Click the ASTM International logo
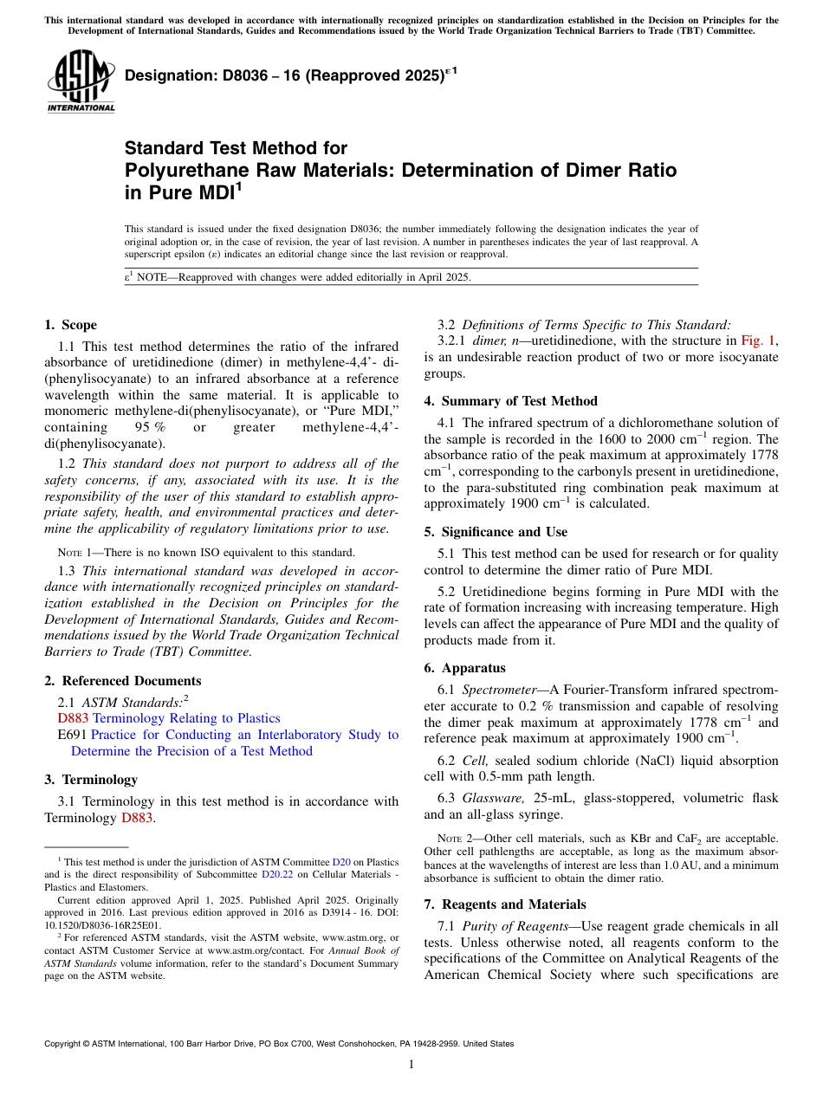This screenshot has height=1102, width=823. [81, 81]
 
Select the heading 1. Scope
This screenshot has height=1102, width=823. [70, 325]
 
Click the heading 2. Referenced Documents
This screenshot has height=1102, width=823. [122, 681]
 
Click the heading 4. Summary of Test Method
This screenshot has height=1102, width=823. [510, 401]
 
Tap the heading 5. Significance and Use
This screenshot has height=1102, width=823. [496, 532]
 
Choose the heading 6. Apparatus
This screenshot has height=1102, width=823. [464, 668]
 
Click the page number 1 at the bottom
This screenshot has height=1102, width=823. [411, 1066]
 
